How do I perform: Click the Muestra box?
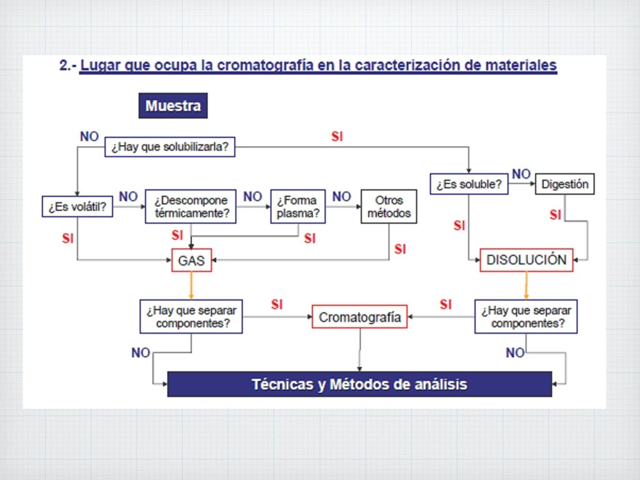(173, 106)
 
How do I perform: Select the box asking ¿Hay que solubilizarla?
(169, 147)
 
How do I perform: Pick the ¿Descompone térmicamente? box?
(191, 207)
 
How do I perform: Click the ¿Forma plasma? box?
(297, 207)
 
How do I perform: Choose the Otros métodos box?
(389, 207)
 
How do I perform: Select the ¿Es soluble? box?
(469, 184)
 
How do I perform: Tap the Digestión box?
(565, 184)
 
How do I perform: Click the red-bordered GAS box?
(192, 260)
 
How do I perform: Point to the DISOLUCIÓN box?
(526, 260)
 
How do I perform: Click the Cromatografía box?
(360, 317)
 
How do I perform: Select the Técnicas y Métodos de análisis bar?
(359, 384)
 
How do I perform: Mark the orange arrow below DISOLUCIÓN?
(526, 285)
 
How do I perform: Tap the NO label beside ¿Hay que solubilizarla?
(89, 136)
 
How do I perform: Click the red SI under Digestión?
(556, 215)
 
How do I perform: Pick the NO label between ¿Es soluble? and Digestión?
(521, 174)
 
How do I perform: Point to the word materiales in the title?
(518, 66)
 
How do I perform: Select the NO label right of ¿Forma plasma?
(341, 197)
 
